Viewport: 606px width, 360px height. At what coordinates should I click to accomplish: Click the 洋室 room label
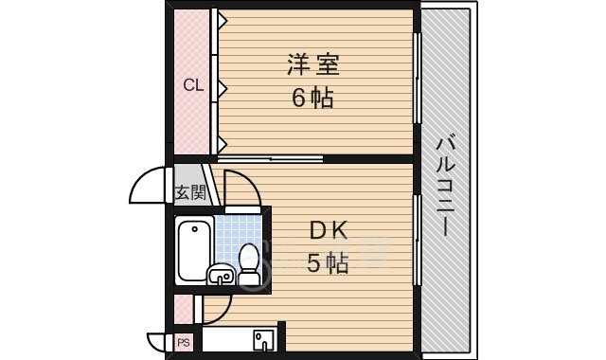(x=313, y=65)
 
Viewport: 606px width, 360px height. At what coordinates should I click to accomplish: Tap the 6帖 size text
(x=313, y=98)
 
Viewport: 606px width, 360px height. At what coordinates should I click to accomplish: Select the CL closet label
(x=193, y=86)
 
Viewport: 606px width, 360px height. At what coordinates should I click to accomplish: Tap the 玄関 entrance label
(x=190, y=192)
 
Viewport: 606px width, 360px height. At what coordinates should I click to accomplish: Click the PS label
(x=184, y=341)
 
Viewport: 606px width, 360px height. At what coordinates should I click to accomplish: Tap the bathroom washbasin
(x=222, y=276)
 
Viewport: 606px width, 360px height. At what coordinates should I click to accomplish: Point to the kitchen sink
(x=262, y=338)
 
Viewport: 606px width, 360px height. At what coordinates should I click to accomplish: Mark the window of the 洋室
(x=418, y=81)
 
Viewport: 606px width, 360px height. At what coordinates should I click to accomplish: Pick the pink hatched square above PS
(x=184, y=309)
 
